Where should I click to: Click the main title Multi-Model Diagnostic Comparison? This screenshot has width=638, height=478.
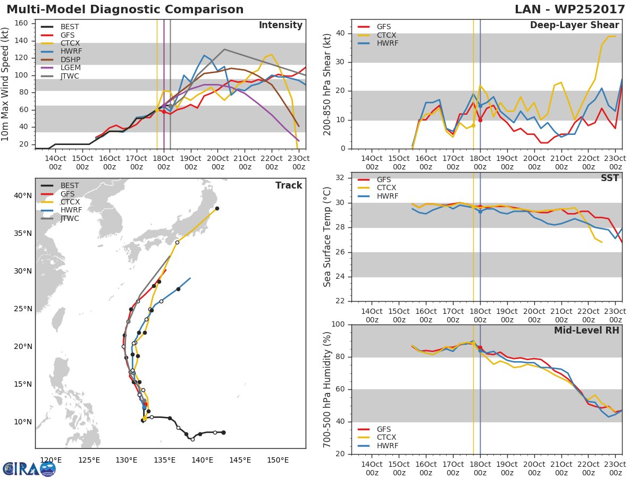[125, 10]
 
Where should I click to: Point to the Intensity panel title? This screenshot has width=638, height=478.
[280, 25]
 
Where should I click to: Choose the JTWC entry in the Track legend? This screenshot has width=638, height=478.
[70, 218]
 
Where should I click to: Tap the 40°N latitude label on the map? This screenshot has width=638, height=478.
[23, 195]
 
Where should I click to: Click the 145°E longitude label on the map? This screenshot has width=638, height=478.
[240, 460]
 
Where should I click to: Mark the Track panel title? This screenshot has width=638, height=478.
[289, 185]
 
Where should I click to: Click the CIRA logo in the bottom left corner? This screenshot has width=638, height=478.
[29, 468]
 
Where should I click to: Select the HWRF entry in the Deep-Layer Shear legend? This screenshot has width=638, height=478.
[387, 44]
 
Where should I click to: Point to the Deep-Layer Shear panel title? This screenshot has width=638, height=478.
[574, 25]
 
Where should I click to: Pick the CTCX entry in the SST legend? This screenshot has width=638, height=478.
[387, 188]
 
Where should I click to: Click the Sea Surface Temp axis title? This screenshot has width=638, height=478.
[328, 237]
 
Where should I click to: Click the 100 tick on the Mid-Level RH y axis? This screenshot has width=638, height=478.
[338, 325]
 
